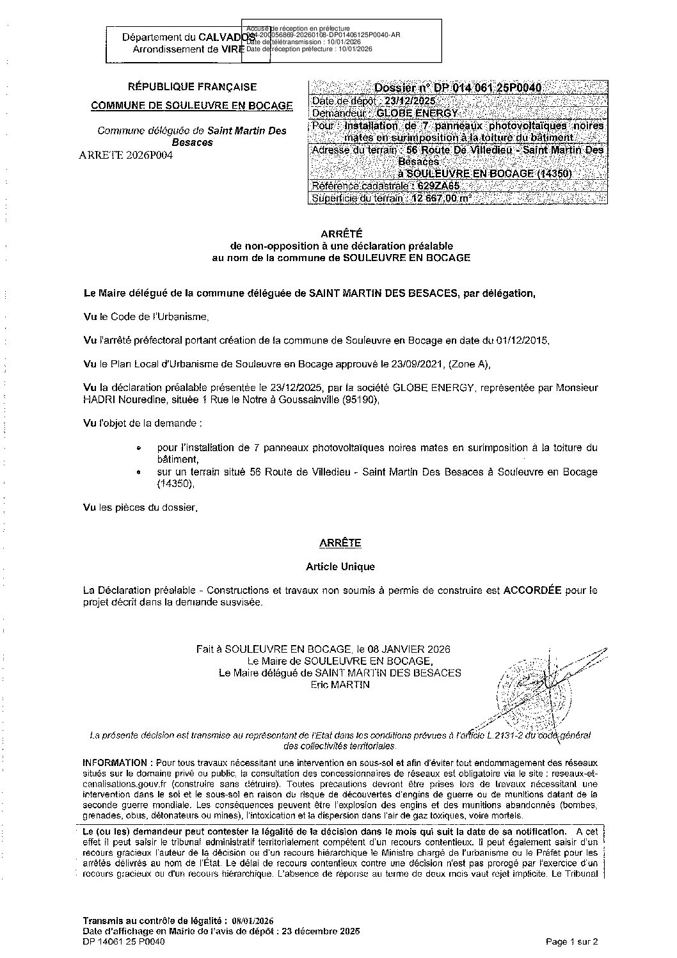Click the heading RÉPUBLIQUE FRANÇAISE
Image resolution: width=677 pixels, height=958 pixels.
(193, 87)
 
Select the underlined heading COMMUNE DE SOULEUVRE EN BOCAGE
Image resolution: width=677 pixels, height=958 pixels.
(192, 106)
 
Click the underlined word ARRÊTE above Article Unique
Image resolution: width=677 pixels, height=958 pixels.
(340, 543)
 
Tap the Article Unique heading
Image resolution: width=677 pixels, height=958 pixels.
(340, 566)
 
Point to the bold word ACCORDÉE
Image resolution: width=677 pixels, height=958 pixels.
(531, 591)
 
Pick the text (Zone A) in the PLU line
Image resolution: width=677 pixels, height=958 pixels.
(469, 364)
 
